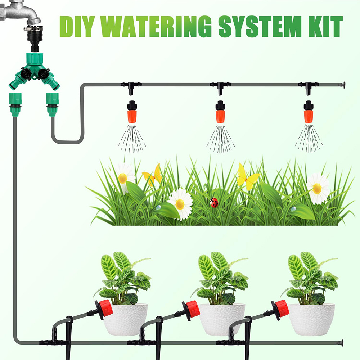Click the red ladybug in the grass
[214, 203]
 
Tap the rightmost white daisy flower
[318, 188]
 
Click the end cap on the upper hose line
[343, 85]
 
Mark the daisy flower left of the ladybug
[180, 203]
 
